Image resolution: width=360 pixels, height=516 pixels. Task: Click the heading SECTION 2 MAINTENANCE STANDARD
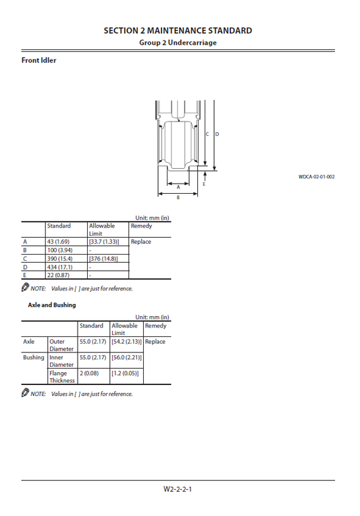pos(178,30)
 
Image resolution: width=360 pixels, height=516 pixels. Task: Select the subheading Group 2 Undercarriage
pos(178,43)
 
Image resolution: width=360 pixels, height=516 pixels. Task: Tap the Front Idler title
pos(39,61)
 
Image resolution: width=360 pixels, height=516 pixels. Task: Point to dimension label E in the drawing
pos(204,183)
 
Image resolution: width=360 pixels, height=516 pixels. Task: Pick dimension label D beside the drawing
pos(217,134)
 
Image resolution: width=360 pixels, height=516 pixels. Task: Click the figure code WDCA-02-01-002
pos(316,177)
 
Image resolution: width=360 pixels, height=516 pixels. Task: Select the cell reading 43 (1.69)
pos(59,242)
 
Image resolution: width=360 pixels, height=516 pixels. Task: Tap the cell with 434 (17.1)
pos(60,267)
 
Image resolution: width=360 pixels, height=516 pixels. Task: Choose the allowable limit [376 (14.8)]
pos(103,259)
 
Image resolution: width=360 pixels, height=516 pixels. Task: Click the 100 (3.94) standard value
pos(60,251)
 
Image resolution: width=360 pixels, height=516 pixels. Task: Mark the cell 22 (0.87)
pos(59,275)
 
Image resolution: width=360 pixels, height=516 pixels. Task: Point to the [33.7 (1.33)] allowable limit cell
pos(104,242)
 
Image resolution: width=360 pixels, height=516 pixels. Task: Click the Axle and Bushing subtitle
pos(52,305)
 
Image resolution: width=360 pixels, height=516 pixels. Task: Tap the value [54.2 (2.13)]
pos(127,342)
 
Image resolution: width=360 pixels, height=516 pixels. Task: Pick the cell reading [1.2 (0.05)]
pos(126,373)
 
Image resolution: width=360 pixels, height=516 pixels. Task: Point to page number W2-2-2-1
pos(179,489)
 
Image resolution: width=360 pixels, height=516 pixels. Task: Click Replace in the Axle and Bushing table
pos(155,342)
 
